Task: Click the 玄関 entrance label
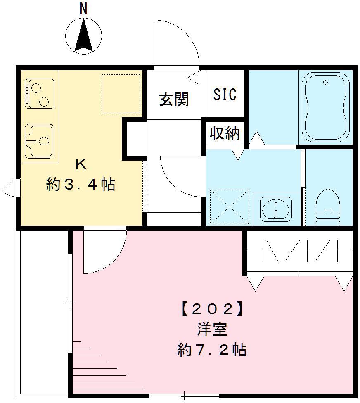click(174, 100)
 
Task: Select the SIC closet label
click(225, 94)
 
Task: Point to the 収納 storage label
click(225, 133)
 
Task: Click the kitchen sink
click(39, 141)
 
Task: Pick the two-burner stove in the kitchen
click(39, 94)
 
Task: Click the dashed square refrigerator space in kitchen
click(121, 93)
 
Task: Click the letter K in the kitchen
click(81, 164)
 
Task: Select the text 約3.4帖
click(81, 185)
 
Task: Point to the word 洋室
click(211, 329)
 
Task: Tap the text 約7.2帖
click(211, 350)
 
